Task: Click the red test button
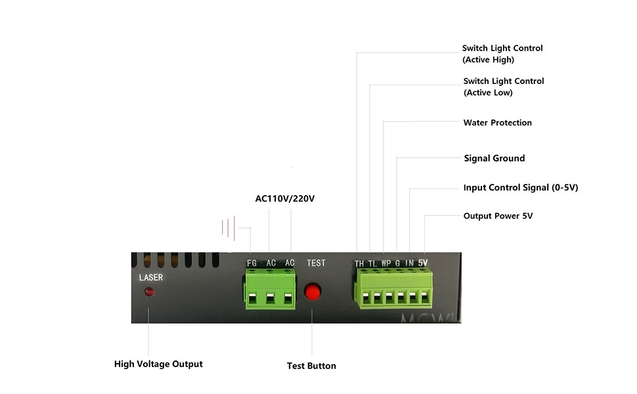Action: coord(313,292)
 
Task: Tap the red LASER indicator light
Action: coord(149,292)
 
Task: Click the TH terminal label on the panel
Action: coord(359,263)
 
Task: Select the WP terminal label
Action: coord(386,263)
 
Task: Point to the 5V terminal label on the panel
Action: coord(423,263)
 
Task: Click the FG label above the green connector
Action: coord(252,263)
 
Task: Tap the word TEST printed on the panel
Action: coord(316,263)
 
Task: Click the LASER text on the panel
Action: coord(151,277)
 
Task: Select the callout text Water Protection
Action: coord(498,123)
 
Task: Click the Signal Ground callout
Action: coord(494,158)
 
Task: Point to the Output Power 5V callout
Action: coord(498,216)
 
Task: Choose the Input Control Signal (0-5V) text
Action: coord(521,188)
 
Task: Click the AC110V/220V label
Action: coord(285,198)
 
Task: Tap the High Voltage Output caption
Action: coord(158,364)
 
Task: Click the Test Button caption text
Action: coord(311,366)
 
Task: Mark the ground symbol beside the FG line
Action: coord(229,228)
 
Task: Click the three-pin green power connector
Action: coord(270,289)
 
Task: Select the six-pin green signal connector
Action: coord(393,288)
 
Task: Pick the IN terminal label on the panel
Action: coord(410,263)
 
